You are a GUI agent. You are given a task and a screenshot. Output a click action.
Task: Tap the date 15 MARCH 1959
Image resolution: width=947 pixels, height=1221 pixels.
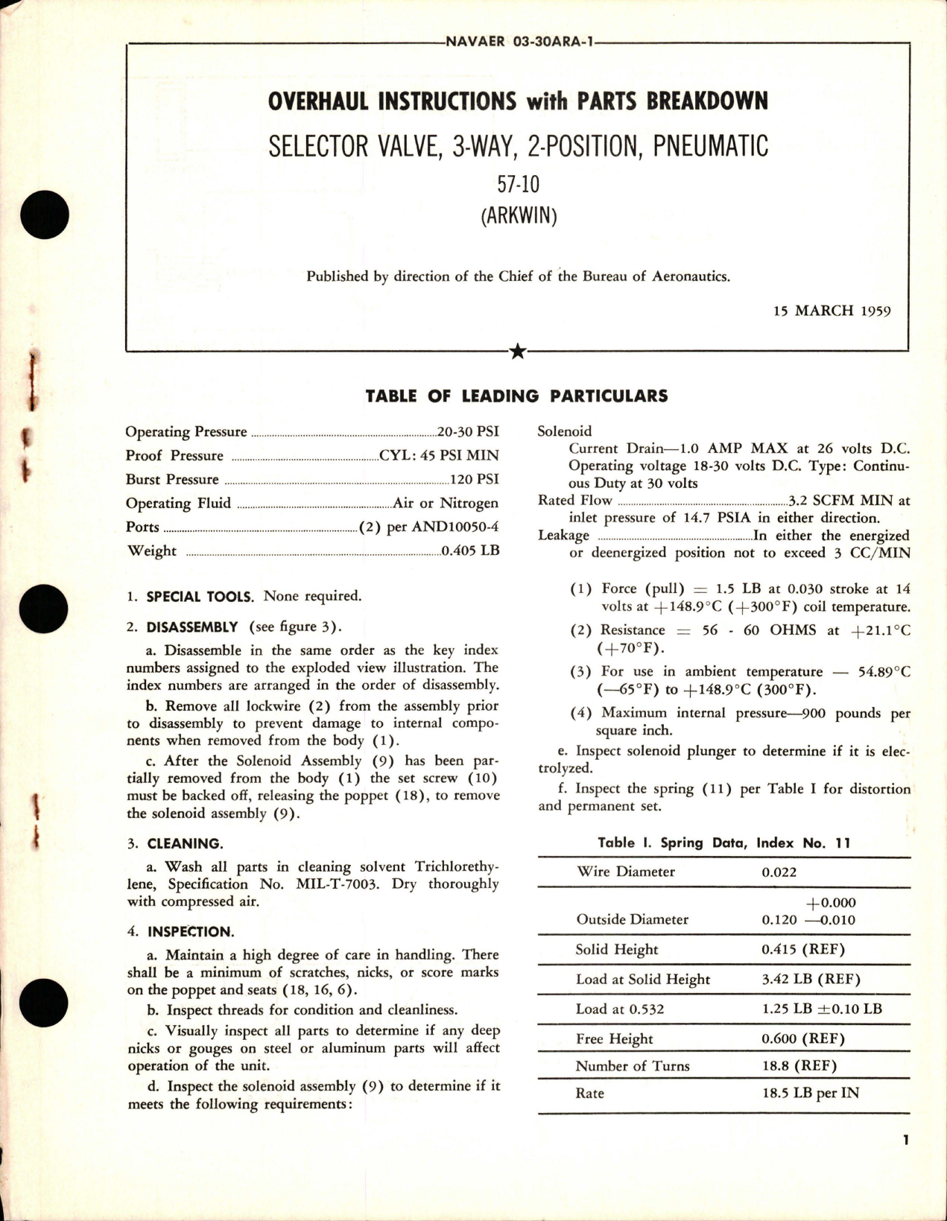[x=832, y=311]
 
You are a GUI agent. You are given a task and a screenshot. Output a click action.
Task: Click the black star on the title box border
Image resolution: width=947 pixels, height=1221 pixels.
[x=518, y=352]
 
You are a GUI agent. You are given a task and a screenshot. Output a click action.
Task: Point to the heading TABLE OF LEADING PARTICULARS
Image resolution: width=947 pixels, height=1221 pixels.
[x=516, y=396]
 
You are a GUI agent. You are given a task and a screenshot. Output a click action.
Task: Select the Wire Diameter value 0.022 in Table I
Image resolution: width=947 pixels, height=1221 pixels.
[x=779, y=872]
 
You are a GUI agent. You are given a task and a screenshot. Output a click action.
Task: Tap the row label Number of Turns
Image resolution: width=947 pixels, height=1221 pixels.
[x=632, y=1066]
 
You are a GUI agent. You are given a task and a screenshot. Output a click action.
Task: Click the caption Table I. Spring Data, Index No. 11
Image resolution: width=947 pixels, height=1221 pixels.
[x=723, y=843]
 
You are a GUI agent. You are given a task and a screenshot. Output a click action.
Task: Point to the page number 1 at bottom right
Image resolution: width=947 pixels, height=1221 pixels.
[x=905, y=1141]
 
